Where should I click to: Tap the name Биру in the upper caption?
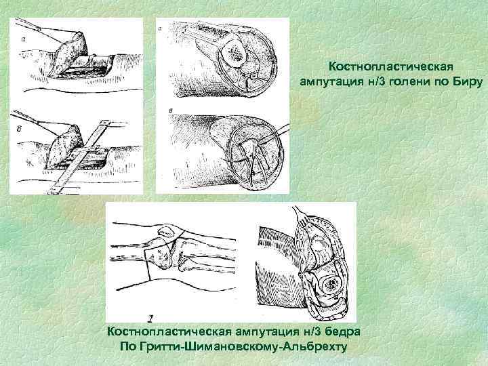pyautogui.click(x=467, y=81)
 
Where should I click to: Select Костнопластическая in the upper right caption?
pyautogui.click(x=391, y=66)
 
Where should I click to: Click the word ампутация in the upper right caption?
pyautogui.click(x=331, y=82)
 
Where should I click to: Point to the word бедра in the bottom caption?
pyautogui.click(x=343, y=331)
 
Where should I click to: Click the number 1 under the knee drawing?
pyautogui.click(x=150, y=319)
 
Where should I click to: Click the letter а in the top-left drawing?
pyautogui.click(x=24, y=39)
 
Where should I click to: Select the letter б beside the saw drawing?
pyautogui.click(x=19, y=129)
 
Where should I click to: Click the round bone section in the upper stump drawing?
pyautogui.click(x=233, y=54)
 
